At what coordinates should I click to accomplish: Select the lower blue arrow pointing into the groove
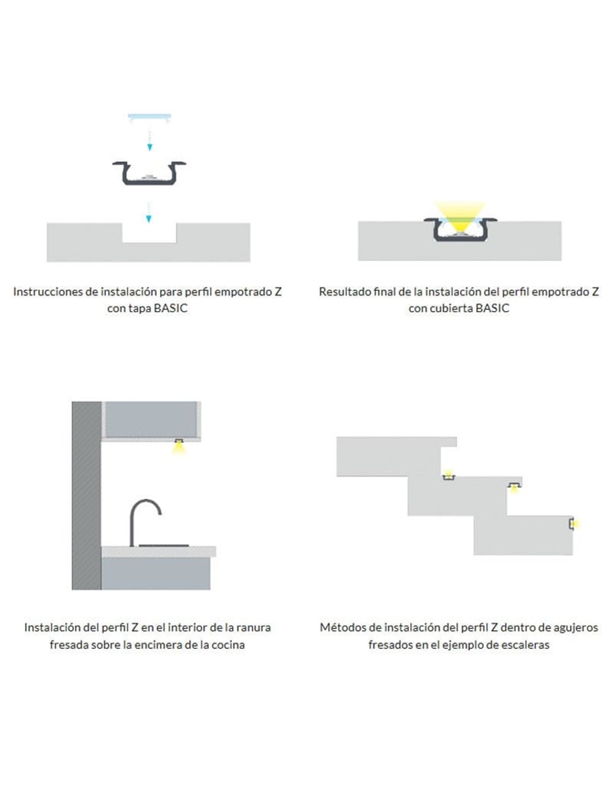(148, 212)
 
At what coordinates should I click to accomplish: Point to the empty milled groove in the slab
(149, 233)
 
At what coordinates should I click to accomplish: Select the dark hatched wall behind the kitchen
(86, 496)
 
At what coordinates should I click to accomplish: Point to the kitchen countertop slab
(159, 552)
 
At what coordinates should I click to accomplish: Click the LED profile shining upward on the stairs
(448, 476)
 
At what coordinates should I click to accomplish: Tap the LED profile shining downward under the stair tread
(515, 486)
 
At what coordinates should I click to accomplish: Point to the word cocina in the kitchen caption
(228, 645)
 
